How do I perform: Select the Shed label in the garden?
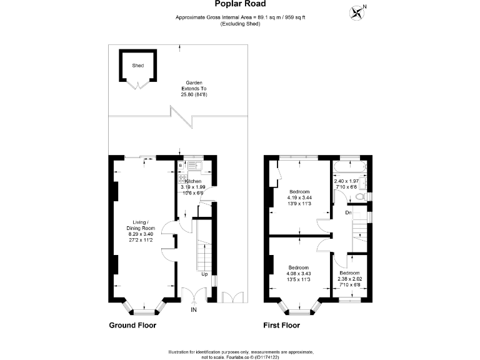137,65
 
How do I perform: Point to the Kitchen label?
192,181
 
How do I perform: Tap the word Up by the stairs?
204,274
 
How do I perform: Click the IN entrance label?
194,309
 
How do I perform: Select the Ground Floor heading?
132,325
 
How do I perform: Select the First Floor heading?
281,325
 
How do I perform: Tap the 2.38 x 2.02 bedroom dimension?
349,279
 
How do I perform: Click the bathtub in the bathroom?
349,167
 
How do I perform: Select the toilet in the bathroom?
359,197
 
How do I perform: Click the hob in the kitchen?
182,178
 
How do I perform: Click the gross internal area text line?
240,17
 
